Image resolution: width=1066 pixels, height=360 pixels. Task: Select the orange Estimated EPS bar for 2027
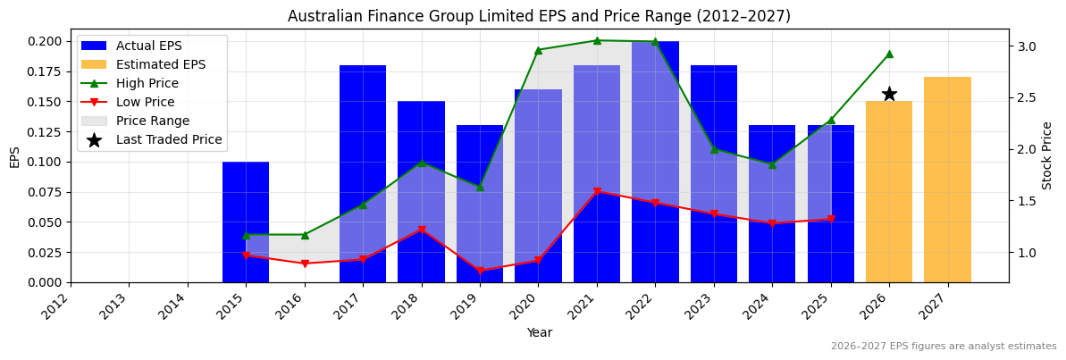(x=947, y=180)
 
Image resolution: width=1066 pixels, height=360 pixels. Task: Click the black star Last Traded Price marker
(x=889, y=94)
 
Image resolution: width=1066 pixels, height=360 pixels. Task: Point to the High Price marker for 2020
(x=538, y=50)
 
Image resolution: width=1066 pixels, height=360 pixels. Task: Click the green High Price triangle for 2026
(x=889, y=54)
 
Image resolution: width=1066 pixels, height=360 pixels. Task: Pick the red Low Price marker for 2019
(x=480, y=271)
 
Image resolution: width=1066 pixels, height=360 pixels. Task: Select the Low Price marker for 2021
(x=597, y=191)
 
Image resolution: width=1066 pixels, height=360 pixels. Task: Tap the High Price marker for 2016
(x=305, y=235)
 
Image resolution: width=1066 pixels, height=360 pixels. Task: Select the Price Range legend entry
(x=153, y=121)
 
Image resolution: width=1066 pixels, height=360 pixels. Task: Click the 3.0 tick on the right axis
(x=1027, y=46)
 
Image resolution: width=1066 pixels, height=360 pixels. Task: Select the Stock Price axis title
(x=1047, y=155)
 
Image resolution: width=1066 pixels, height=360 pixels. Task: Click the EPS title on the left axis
(x=14, y=156)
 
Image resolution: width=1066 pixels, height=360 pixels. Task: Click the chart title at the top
(x=539, y=16)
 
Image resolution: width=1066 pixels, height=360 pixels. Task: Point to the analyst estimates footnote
(x=944, y=347)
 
